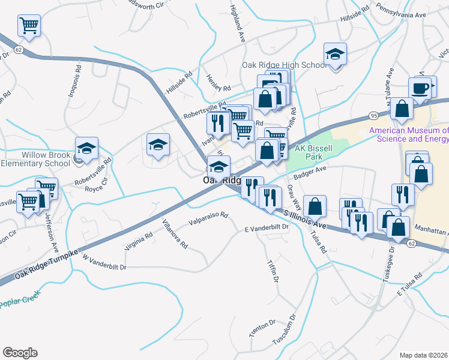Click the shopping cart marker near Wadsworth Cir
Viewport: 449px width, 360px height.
coord(29,26)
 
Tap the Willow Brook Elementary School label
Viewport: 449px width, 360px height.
coord(35,158)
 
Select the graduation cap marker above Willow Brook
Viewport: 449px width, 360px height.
coord(87,148)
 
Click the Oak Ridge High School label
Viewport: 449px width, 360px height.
coord(284,65)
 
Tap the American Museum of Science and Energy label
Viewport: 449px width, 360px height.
coord(409,134)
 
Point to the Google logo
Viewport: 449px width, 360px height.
coord(20,353)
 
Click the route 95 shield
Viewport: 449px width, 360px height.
coord(373,115)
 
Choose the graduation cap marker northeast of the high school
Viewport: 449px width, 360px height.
coord(335,54)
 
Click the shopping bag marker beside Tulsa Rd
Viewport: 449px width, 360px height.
coord(314,207)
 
